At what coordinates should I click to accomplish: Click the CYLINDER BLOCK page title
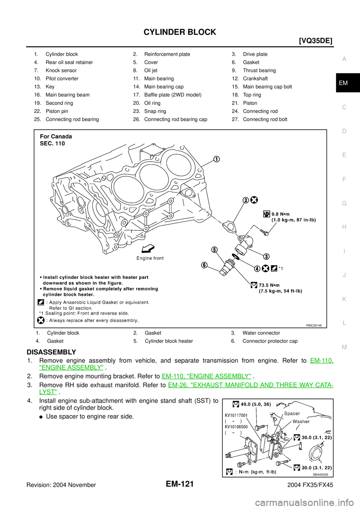point(180,32)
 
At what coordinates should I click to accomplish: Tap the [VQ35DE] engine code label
point(316,41)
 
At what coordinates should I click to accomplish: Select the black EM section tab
point(348,83)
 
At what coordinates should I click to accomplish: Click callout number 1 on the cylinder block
point(216,160)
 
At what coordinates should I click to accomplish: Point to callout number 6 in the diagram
point(204,265)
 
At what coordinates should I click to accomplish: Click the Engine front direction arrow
point(148,250)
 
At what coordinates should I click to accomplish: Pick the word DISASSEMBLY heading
point(51,352)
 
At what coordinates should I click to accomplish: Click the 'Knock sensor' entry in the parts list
point(61,70)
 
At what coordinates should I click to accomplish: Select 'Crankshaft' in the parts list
point(255,79)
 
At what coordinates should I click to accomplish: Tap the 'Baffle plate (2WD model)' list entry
point(173,95)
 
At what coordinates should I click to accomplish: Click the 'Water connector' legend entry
point(261,333)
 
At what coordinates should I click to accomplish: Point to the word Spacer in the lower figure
point(292,414)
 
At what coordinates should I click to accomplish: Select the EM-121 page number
point(180,484)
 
